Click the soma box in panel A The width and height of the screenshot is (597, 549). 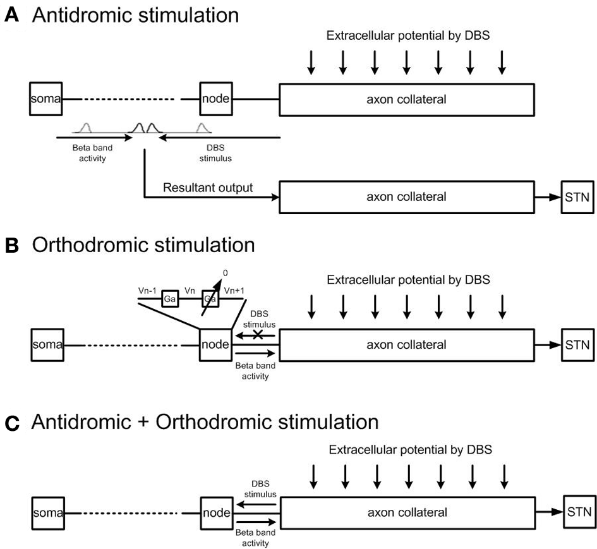(x=45, y=99)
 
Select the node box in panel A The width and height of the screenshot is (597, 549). (x=215, y=99)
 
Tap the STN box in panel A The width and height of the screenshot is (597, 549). (x=576, y=196)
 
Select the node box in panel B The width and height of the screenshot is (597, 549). (x=215, y=345)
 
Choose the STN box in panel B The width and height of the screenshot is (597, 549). (x=576, y=345)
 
